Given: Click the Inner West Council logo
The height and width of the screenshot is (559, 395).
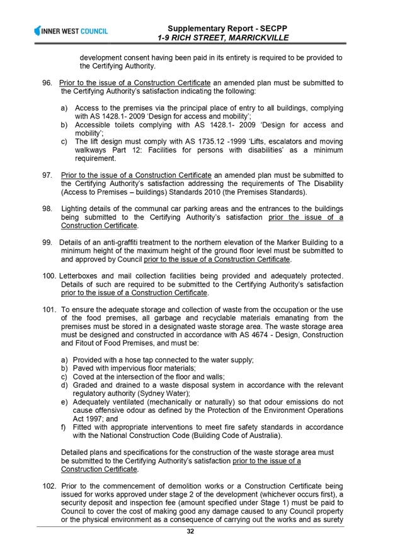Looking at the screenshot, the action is point(71,31).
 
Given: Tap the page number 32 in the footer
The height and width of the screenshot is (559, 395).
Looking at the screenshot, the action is point(190,531).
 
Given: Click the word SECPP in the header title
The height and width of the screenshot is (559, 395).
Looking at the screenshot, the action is point(274,28).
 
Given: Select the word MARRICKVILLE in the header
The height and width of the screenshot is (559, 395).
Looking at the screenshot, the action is point(258,38).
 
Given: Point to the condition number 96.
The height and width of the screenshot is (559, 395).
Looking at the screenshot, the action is point(47,83).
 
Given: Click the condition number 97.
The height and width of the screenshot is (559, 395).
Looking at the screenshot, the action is point(47,175).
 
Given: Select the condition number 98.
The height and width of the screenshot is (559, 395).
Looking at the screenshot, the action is point(47,209).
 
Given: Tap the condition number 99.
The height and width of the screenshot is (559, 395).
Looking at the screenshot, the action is point(47,243).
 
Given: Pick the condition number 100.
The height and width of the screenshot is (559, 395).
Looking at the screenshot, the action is point(49,276).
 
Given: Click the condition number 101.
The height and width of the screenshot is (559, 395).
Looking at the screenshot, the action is point(49,310).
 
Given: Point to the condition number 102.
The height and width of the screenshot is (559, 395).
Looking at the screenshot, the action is point(49,487).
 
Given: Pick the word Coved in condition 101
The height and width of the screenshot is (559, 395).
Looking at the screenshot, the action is point(82,377).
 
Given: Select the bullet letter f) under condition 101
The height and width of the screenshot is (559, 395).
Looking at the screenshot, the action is point(64,427).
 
